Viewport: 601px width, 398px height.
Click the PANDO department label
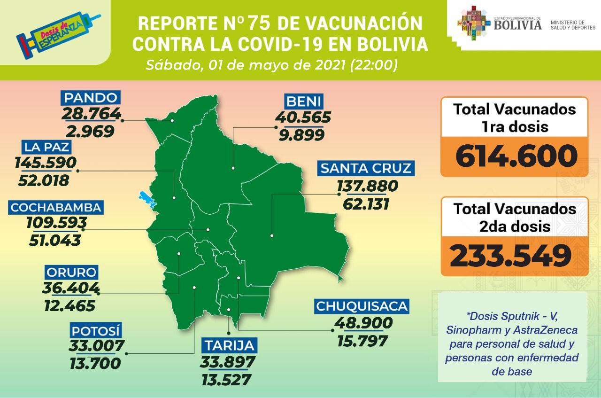(90, 98)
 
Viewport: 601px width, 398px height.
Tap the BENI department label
(304, 101)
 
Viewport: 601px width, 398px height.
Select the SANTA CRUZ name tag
(366, 168)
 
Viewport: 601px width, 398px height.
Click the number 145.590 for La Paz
(45, 163)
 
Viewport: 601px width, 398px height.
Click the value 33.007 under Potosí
(97, 345)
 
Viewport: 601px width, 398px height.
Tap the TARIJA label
(230, 346)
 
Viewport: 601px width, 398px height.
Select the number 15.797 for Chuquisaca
(362, 340)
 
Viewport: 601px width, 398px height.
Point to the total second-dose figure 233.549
(510, 256)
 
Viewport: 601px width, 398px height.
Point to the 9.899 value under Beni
(300, 135)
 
